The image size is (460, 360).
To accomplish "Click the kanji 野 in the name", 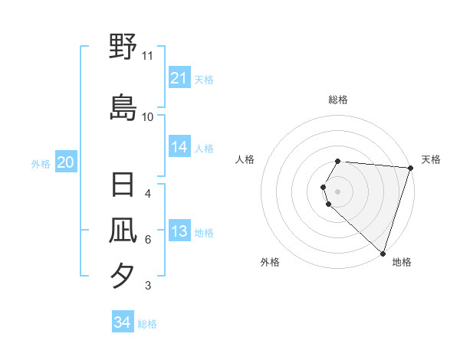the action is click(123, 47).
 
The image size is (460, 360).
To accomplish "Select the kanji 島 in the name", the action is click(123, 107).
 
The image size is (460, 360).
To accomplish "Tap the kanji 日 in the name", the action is click(123, 186).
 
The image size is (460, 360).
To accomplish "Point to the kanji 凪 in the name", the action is click(123, 230).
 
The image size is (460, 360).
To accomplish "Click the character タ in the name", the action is click(123, 274).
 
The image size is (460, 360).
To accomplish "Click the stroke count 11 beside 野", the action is click(148, 56).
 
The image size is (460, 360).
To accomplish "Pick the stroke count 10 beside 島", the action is click(148, 116).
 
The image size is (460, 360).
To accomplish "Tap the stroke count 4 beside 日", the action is click(148, 194).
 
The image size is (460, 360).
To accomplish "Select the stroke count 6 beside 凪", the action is click(148, 240).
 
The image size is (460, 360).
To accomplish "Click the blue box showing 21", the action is click(179, 78).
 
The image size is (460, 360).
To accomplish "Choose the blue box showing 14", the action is click(179, 148).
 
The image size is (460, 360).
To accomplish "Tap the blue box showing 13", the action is click(179, 232).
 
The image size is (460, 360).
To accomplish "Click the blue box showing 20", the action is click(66, 162).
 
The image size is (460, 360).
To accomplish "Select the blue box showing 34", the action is click(122, 322).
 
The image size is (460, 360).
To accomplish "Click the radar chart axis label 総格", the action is click(338, 100).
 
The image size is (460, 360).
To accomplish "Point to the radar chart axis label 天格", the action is click(431, 159).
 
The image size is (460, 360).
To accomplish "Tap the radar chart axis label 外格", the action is click(270, 262).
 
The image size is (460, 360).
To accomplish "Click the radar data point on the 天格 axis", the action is click(410, 168).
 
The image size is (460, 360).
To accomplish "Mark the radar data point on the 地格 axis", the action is click(383, 254).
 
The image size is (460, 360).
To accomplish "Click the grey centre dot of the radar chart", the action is click(338, 191).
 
